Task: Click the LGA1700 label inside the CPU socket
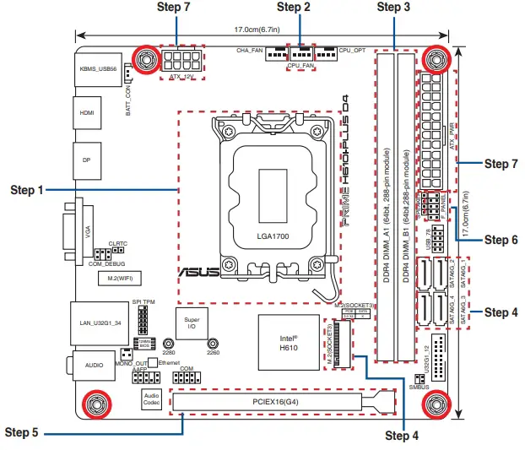tap(272, 236)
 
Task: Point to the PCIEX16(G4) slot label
tap(273, 403)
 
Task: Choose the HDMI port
tap(86, 111)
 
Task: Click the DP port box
tap(86, 159)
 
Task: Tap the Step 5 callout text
tap(22, 432)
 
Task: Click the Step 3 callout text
tap(393, 8)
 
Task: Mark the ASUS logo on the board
tap(198, 271)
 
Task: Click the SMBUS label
tap(419, 387)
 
